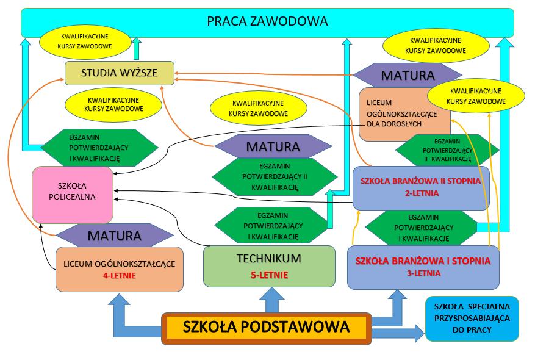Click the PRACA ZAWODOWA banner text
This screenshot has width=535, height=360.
click(x=267, y=21)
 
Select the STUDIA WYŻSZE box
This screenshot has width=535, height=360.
click(x=120, y=73)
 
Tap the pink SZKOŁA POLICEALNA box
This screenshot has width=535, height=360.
click(x=73, y=195)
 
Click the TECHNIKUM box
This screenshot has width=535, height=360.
click(x=269, y=267)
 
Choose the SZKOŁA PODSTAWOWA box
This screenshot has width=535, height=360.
click(x=266, y=328)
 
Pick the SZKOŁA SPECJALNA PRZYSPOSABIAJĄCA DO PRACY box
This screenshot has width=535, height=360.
click(x=472, y=319)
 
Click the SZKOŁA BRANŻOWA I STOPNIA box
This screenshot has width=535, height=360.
click(x=423, y=267)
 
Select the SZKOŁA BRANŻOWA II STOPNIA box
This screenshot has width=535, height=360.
click(x=421, y=188)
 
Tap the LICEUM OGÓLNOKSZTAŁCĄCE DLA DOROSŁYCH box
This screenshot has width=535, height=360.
click(x=404, y=114)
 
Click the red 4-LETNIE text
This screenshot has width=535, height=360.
click(x=120, y=275)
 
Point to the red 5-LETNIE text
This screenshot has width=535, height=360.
click(x=269, y=275)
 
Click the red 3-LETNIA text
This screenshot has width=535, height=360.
click(x=423, y=273)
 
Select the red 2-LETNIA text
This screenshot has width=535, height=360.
click(x=422, y=193)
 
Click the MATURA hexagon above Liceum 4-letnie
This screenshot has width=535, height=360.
click(x=115, y=236)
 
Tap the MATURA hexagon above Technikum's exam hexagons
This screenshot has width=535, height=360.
click(x=273, y=146)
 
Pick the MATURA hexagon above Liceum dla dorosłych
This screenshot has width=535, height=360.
click(x=408, y=75)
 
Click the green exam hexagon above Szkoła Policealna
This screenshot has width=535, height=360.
click(x=99, y=148)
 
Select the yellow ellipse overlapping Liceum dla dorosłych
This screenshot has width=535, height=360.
click(x=476, y=96)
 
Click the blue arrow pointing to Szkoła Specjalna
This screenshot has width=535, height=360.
click(x=398, y=333)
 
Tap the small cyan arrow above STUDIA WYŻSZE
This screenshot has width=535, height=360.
click(x=137, y=48)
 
